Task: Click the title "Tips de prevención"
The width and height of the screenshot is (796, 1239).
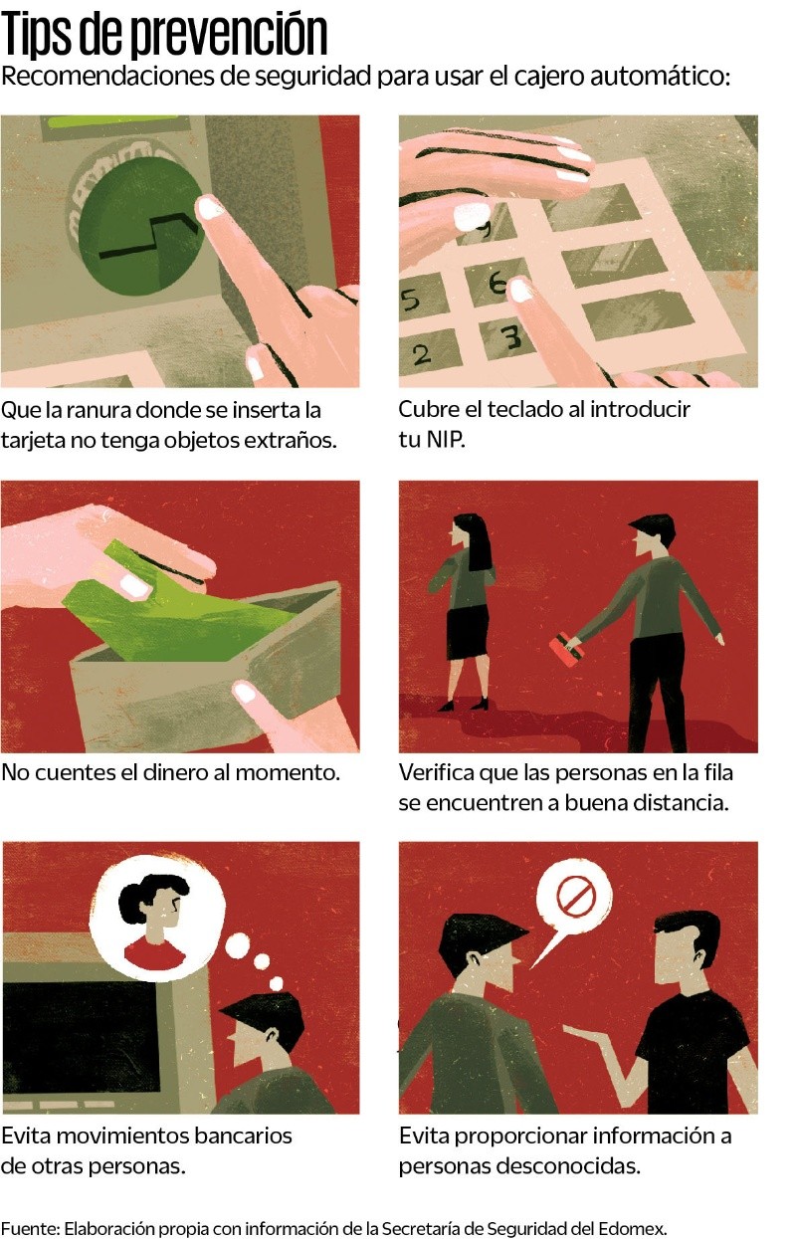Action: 164,34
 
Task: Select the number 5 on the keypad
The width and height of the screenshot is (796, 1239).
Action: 410,298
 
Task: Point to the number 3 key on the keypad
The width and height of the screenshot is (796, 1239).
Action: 510,339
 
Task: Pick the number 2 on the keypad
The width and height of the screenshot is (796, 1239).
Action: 421,353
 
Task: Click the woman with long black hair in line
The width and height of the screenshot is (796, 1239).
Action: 468,607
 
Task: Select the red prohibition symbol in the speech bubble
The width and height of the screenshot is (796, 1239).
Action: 575,897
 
